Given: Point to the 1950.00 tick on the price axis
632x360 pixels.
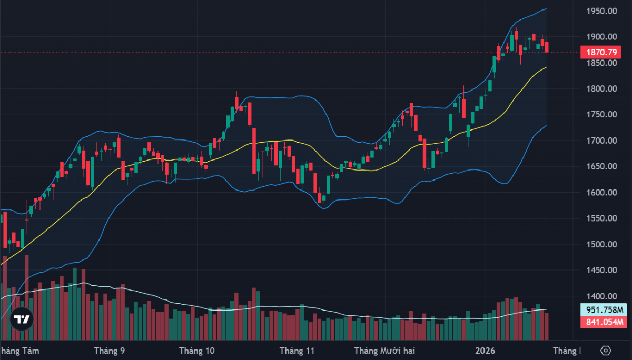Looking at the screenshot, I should coord(602,11).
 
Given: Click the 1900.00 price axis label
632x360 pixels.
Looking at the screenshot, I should coord(602,37).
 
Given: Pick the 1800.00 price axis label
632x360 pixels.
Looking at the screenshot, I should coord(602,89).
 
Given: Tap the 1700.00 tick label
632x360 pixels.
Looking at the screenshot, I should coord(602,141).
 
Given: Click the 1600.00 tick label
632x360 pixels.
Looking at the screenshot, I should coord(602,193).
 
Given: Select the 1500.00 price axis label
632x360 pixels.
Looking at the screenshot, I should coord(602,244).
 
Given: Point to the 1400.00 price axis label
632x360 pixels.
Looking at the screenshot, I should coord(602,296).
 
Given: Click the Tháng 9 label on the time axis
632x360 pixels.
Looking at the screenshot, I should coord(110,351).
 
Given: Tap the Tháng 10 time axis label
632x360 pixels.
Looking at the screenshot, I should coord(197,351).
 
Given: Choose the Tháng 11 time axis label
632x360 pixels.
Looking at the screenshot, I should coord(297,351).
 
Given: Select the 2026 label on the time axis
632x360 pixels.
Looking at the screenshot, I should coord(486,351).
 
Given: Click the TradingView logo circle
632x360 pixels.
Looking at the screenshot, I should coord(22,319).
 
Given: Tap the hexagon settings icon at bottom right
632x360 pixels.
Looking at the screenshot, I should coord(606,351).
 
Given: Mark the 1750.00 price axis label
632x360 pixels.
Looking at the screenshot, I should coord(602,115).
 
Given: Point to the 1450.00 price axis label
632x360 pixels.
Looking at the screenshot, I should coord(602,271).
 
